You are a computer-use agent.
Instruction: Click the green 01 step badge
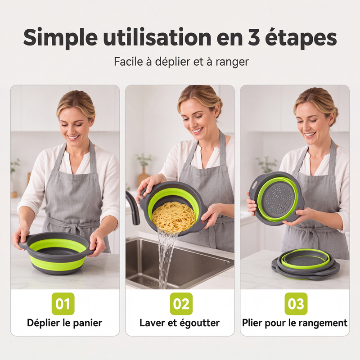point(63,303)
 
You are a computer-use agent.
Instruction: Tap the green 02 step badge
point(181,303)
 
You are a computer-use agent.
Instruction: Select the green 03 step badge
point(296,303)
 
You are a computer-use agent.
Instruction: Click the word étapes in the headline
point(301,38)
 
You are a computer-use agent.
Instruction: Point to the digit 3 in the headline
point(253,37)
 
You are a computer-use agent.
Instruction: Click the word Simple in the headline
point(60,38)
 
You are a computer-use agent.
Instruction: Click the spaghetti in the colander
point(174,217)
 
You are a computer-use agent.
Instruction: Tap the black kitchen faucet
point(133,207)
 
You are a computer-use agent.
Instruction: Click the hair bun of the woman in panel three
point(334,115)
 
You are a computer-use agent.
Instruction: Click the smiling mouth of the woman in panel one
point(73,137)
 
